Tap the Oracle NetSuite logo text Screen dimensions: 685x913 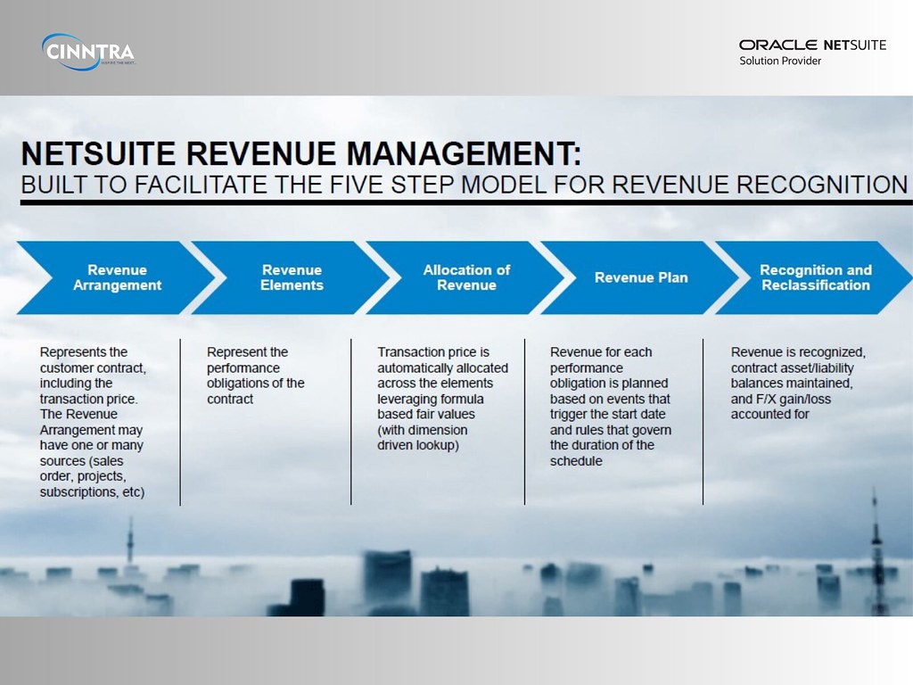(x=812, y=45)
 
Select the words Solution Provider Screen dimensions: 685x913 (x=780, y=61)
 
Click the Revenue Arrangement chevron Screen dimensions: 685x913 (x=117, y=277)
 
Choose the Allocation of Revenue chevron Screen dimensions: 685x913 (x=466, y=277)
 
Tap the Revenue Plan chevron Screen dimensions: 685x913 (x=641, y=277)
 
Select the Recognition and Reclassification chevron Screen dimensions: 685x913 (x=815, y=277)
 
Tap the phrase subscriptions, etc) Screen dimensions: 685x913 (x=92, y=491)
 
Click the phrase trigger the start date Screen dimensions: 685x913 (x=608, y=414)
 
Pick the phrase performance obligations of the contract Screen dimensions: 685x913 (x=256, y=383)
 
